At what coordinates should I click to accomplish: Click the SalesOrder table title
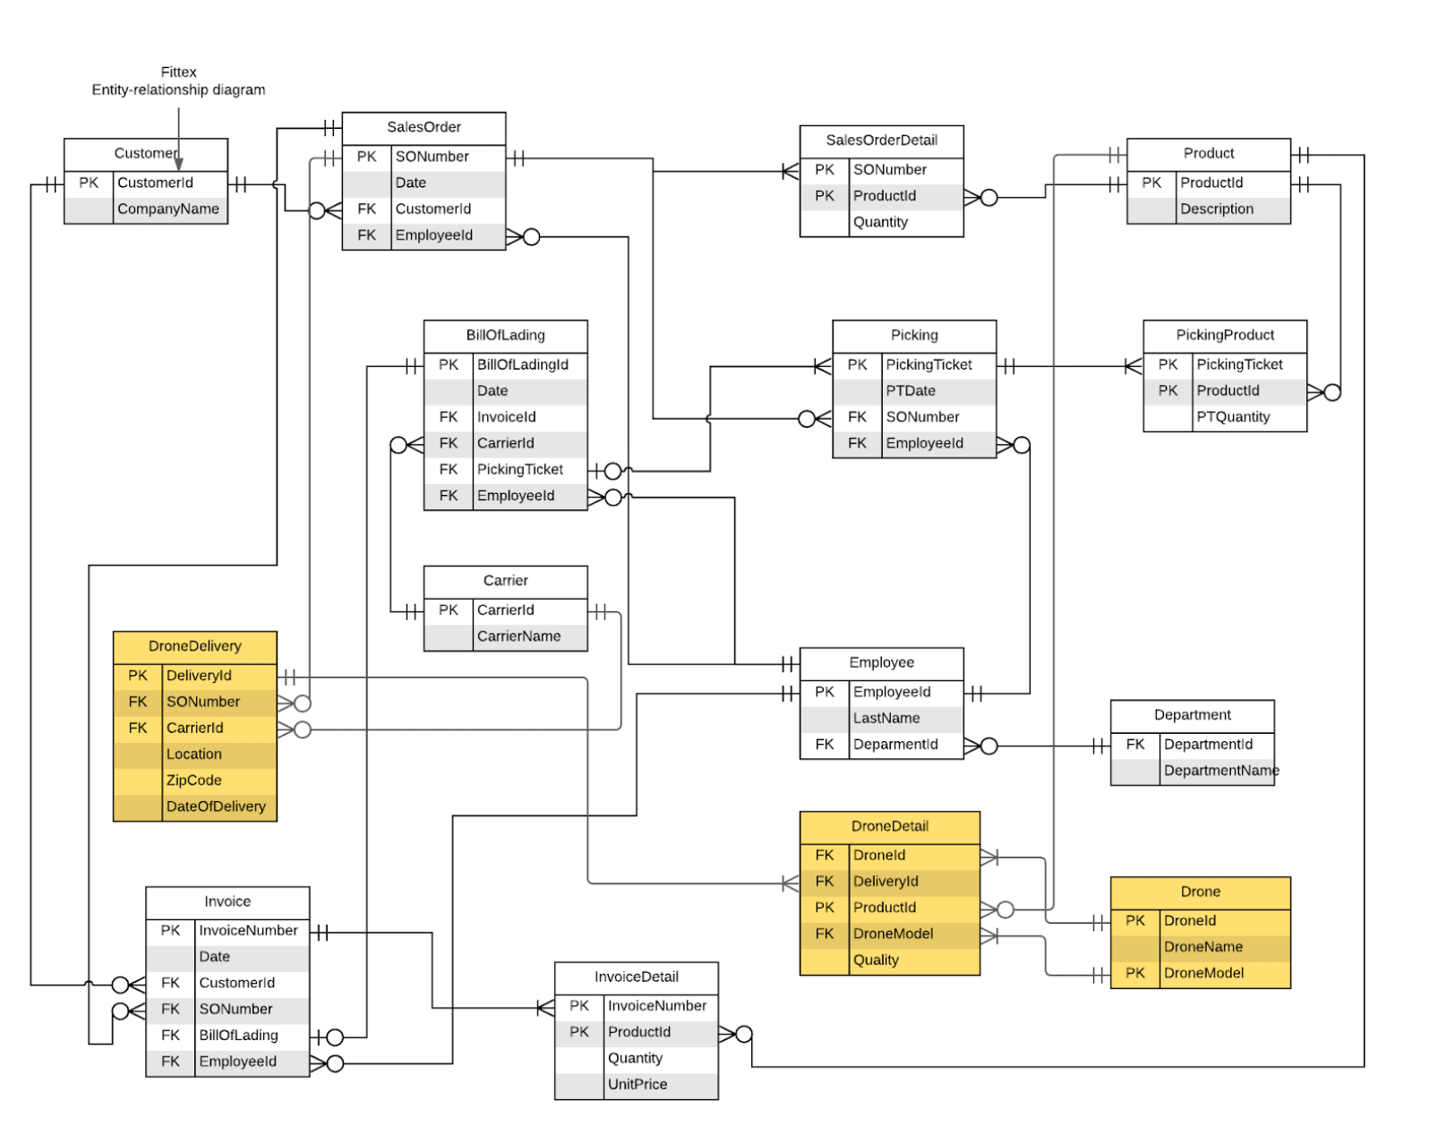coord(424,127)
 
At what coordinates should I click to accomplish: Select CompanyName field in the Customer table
coord(168,209)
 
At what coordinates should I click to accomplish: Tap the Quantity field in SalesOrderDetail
coord(880,222)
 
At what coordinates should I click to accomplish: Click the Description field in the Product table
coord(1216,209)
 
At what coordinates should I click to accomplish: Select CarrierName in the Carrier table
coord(518,636)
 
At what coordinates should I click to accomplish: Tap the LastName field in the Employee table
coord(886,718)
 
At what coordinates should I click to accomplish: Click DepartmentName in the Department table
coord(1220,771)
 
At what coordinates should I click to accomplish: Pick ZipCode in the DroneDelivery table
coord(193,781)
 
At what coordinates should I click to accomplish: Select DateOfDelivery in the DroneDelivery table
coord(216,806)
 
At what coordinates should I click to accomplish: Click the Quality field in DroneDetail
coord(875,960)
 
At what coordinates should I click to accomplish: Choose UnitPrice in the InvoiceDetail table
coord(637,1085)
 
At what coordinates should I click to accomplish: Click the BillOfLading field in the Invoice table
coord(238,1036)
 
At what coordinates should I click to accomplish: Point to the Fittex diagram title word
coord(178,73)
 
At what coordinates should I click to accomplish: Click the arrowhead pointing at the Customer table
coord(178,165)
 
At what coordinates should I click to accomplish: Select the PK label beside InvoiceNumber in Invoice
coord(170,931)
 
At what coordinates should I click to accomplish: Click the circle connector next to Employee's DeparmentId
coord(989,746)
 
